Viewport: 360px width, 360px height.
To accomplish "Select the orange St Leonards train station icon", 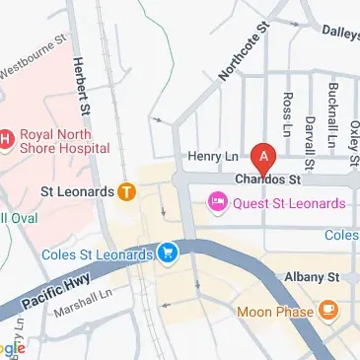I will (126, 192).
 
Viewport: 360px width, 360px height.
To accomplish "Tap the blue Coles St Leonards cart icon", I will (169, 254).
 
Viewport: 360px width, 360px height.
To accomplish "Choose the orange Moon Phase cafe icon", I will (329, 312).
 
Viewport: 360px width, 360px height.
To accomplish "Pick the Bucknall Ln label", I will (331, 122).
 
